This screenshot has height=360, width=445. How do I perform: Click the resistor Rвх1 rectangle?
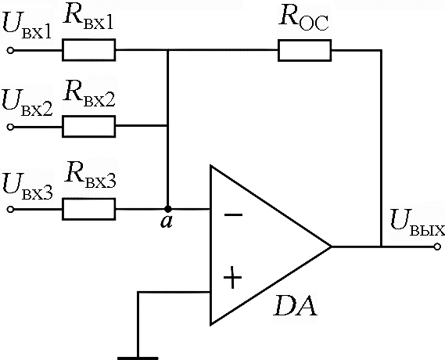89,50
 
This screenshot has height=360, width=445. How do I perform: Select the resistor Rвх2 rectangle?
89,127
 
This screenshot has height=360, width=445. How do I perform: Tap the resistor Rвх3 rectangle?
89,209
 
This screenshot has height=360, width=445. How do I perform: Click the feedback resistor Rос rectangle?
304,50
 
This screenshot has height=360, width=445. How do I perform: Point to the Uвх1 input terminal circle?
10,51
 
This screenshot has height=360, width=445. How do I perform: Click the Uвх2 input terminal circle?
10,127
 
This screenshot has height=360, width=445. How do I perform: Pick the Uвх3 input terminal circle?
10,210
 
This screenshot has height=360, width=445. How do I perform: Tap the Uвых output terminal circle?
437,247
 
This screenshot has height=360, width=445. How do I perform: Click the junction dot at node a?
168,209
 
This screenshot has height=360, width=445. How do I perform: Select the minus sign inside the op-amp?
233,215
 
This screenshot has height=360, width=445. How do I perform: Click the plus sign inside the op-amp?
233,277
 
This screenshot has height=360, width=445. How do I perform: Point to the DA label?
295,306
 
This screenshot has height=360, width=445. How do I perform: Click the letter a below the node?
167,222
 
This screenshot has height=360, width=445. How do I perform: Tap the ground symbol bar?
138,358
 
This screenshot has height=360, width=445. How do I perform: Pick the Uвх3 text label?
27,186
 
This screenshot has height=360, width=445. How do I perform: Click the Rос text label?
304,20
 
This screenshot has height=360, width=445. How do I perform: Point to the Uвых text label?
417,223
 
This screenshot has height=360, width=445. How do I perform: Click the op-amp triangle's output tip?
331,247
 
